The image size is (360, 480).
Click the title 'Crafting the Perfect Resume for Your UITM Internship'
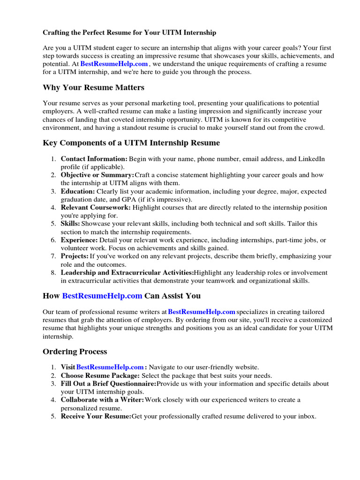pos(129,33)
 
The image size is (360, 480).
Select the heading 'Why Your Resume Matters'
pos(93,88)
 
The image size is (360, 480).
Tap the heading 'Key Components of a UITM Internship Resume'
pos(131,142)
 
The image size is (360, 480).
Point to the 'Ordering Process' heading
pos(75,352)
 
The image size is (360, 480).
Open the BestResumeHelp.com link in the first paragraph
pos(114,64)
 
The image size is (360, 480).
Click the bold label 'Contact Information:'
pos(94,159)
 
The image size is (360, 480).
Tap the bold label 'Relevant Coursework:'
pos(96,208)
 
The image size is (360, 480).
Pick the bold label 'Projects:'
pos(75,256)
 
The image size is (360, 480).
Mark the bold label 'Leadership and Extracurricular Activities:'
pos(127,272)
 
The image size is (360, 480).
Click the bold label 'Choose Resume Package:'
pos(100,375)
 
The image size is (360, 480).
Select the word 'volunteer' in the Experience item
pos(76,248)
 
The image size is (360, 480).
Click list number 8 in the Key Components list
pos(54,272)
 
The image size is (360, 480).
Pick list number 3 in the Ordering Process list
pos(54,383)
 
